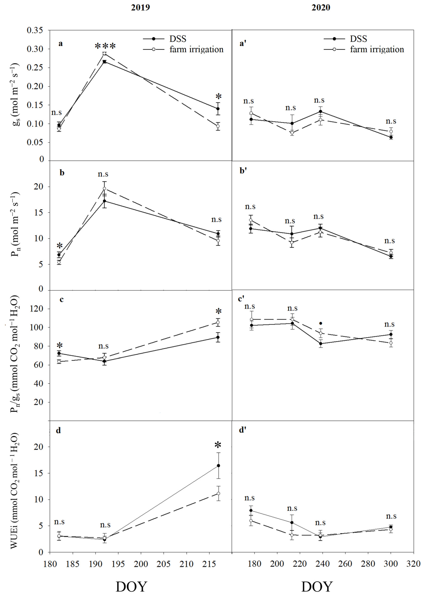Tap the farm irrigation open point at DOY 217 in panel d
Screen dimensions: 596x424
click(x=218, y=493)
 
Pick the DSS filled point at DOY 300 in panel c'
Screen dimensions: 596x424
click(x=391, y=335)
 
